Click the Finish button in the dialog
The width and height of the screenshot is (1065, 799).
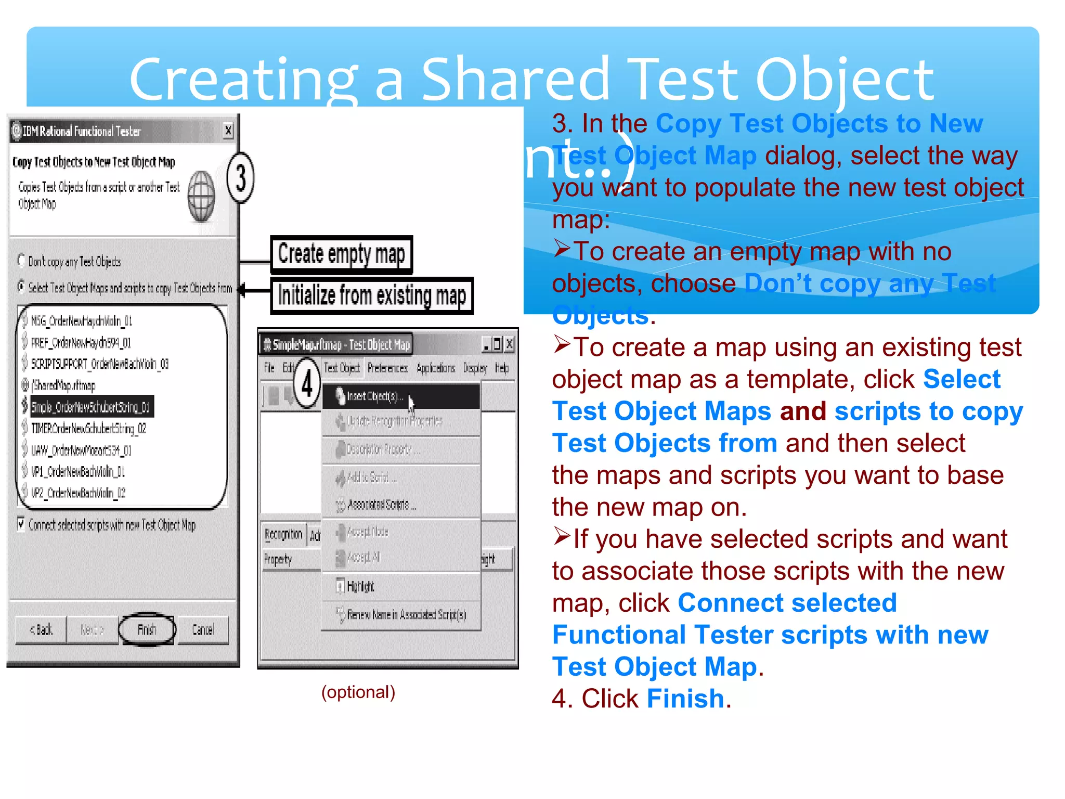[x=147, y=630]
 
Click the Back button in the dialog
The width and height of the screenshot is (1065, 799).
[x=41, y=630]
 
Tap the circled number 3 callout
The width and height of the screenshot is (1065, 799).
[x=240, y=178]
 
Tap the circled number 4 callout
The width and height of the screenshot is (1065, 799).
[x=307, y=383]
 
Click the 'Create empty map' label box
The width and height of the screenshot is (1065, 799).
[x=341, y=254]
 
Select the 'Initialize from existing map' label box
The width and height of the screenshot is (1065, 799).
[x=372, y=295]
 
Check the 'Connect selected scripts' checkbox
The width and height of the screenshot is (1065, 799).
[x=21, y=523]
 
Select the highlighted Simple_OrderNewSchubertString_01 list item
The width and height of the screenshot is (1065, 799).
[x=90, y=407]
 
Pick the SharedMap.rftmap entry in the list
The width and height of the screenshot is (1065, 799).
[x=63, y=385]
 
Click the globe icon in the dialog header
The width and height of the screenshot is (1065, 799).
[x=201, y=196]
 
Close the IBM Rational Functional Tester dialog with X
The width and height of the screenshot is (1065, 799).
[x=228, y=130]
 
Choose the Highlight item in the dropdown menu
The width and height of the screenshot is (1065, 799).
[x=360, y=587]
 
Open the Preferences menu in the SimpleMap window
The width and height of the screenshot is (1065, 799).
[x=387, y=368]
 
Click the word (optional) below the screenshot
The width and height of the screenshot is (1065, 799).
[x=358, y=692]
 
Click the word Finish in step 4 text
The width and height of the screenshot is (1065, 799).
[x=685, y=699]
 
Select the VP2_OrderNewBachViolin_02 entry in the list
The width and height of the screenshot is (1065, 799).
[x=78, y=493]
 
